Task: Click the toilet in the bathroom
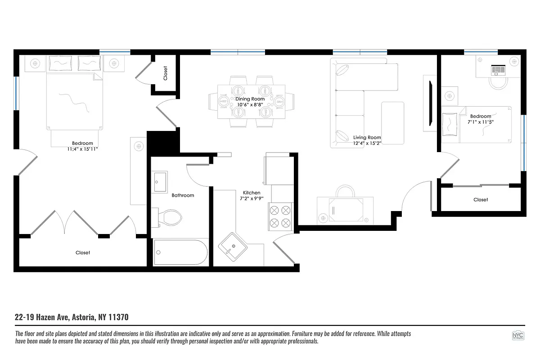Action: tap(170, 218)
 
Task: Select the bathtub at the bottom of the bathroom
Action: tap(180, 252)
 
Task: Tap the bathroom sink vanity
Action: tap(159, 182)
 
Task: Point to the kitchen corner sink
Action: tap(233, 247)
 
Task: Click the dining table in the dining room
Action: tap(251, 103)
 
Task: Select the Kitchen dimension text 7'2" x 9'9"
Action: tap(252, 198)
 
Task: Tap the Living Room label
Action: tap(367, 137)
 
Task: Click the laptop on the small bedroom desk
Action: tap(498, 70)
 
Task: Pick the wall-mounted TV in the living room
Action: tap(431, 103)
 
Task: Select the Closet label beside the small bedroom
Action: tap(480, 199)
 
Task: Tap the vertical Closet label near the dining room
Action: tap(165, 73)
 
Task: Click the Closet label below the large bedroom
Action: tap(83, 252)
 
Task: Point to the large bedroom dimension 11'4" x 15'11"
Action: tap(82, 149)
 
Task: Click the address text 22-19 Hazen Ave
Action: tap(72, 317)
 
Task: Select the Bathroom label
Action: tap(183, 195)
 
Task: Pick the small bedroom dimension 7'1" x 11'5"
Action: tap(481, 122)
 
